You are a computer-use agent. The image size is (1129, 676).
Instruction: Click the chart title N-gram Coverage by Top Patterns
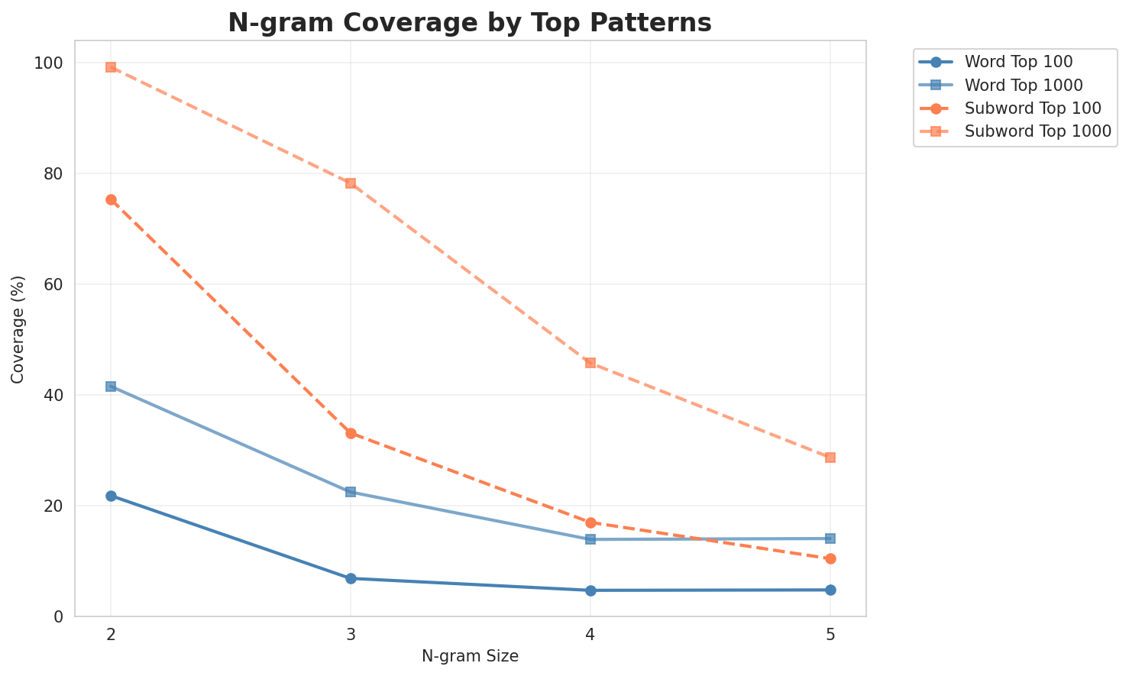pyautogui.click(x=470, y=23)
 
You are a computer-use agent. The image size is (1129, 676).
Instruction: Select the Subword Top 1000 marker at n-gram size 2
pyautogui.click(x=111, y=67)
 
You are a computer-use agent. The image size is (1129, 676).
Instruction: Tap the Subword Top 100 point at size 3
pyautogui.click(x=351, y=433)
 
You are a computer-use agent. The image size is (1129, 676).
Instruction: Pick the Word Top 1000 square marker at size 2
pyautogui.click(x=111, y=387)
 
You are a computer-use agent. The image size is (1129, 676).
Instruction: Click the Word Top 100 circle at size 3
pyautogui.click(x=351, y=578)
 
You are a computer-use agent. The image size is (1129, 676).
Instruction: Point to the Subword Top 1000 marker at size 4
pyautogui.click(x=590, y=363)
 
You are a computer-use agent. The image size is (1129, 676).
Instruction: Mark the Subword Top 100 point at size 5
pyautogui.click(x=830, y=558)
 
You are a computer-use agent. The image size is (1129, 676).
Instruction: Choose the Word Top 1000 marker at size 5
pyautogui.click(x=830, y=539)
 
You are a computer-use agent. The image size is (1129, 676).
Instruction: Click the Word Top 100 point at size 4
pyautogui.click(x=590, y=590)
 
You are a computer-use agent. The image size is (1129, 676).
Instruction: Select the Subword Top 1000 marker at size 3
pyautogui.click(x=351, y=183)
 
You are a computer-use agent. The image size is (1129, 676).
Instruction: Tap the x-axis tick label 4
pyautogui.click(x=590, y=634)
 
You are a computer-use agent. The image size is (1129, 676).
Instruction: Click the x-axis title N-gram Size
pyautogui.click(x=470, y=656)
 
